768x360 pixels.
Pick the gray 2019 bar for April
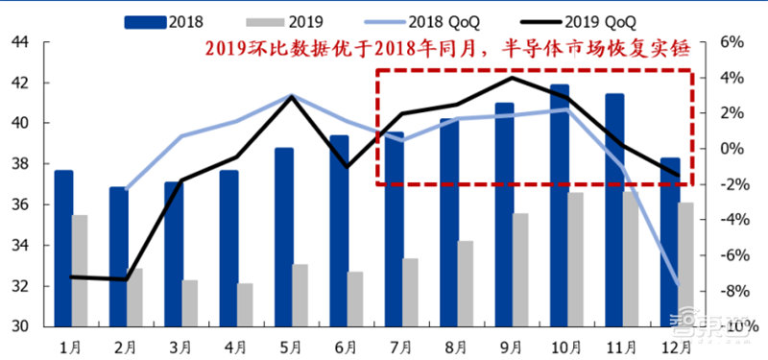click(x=246, y=305)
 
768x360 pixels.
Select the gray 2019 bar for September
click(x=520, y=270)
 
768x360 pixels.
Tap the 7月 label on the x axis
click(x=401, y=345)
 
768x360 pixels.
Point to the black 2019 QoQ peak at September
click(x=512, y=78)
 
